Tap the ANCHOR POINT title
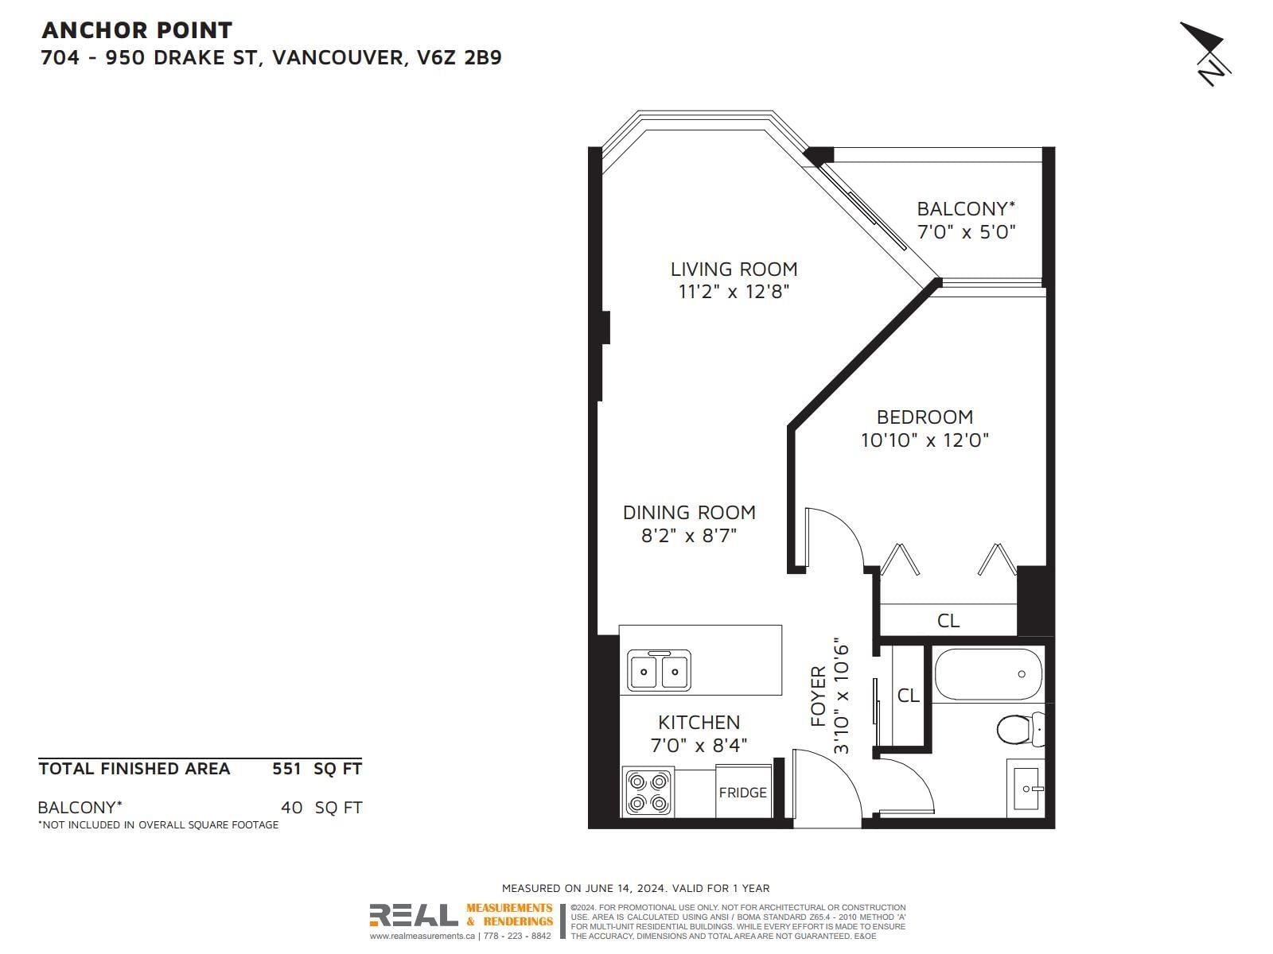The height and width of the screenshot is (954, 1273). [137, 30]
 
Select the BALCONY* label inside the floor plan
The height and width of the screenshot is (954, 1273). [966, 208]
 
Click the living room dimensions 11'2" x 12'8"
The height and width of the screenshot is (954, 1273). [734, 291]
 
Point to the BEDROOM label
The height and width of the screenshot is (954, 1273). [925, 417]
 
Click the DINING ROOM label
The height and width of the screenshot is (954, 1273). [689, 513]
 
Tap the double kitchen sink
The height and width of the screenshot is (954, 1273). [659, 670]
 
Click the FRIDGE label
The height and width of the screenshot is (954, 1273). [742, 793]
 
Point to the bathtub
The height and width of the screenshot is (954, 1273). [988, 673]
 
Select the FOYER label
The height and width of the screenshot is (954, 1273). [818, 696]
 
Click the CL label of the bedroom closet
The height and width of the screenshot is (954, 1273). [948, 621]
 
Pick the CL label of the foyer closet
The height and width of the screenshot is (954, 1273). [909, 695]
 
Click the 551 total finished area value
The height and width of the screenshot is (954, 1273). [286, 769]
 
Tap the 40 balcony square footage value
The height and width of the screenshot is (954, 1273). [291, 808]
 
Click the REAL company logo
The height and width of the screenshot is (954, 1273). [414, 916]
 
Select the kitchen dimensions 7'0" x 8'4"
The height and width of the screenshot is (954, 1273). [699, 746]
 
